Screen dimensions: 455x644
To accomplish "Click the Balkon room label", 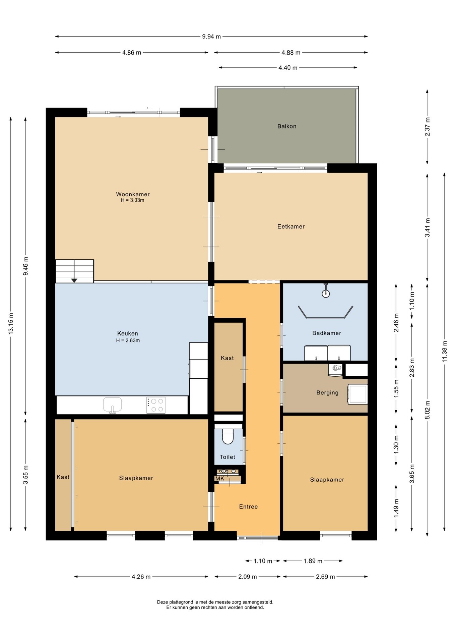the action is (x=286, y=126).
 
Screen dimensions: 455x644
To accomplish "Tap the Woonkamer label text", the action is (x=133, y=194).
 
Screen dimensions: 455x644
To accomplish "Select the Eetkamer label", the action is (x=291, y=226).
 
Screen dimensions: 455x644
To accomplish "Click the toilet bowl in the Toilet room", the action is (x=228, y=436).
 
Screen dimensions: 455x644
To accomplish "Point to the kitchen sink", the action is (x=113, y=405).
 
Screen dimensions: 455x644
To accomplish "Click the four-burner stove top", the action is (x=156, y=405).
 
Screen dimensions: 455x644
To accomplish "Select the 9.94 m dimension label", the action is (x=211, y=37).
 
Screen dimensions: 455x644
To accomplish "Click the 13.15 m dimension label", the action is (x=11, y=323).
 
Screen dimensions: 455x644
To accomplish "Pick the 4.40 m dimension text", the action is (x=288, y=68).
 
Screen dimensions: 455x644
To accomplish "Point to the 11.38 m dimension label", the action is (x=445, y=351).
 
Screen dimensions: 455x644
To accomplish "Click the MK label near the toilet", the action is (x=220, y=479).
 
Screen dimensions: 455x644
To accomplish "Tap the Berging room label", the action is (x=327, y=393).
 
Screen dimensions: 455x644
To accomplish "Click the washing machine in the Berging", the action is (x=357, y=394).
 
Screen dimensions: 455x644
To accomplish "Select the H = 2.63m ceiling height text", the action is (x=128, y=340).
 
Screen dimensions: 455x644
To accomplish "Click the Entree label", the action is (x=248, y=507).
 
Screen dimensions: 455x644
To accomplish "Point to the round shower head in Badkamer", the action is (x=326, y=294).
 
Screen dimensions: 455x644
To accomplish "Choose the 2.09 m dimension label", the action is (x=248, y=577).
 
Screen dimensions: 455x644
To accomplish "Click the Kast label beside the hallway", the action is (x=227, y=358).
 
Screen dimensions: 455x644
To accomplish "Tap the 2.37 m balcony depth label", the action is (x=428, y=127).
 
